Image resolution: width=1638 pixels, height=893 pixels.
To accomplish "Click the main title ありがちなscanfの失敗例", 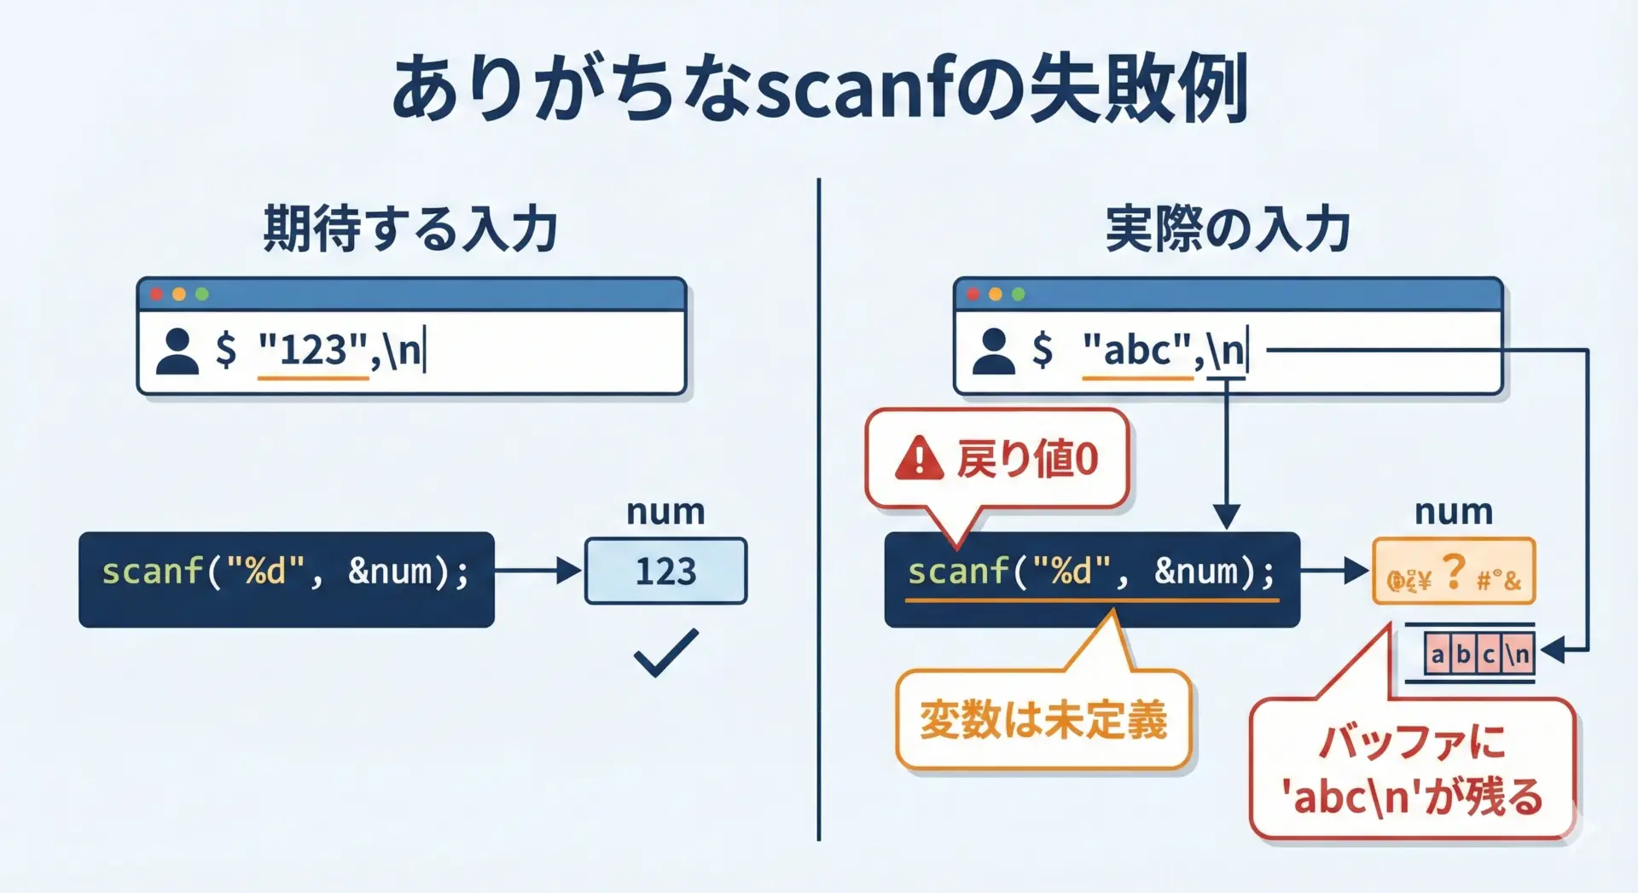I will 819,89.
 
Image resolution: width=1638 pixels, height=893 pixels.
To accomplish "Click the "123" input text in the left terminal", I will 313,350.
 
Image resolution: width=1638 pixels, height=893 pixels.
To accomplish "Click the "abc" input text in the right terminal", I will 1137,350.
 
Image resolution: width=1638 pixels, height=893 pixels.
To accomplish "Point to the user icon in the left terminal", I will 177,351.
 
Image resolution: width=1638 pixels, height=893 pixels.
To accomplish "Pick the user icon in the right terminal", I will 994,351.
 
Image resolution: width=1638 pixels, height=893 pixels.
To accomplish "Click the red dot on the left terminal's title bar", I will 156,294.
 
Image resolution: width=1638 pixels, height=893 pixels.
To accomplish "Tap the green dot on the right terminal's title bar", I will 1018,294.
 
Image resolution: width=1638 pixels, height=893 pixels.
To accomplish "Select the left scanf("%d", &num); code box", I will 286,579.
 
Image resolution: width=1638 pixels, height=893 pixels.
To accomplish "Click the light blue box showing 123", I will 665,571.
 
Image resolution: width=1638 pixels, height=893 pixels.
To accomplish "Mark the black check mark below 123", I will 665,652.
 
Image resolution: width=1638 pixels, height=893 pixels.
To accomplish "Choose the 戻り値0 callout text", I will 1027,459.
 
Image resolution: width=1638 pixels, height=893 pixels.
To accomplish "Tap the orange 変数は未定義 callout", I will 1043,719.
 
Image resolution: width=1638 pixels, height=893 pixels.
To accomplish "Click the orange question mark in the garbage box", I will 1453,571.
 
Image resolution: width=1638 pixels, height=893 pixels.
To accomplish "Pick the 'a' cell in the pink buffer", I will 1438,654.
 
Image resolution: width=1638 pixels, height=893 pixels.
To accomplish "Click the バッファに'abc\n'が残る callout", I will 1412,768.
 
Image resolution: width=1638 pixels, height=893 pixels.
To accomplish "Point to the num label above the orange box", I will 1454,512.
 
